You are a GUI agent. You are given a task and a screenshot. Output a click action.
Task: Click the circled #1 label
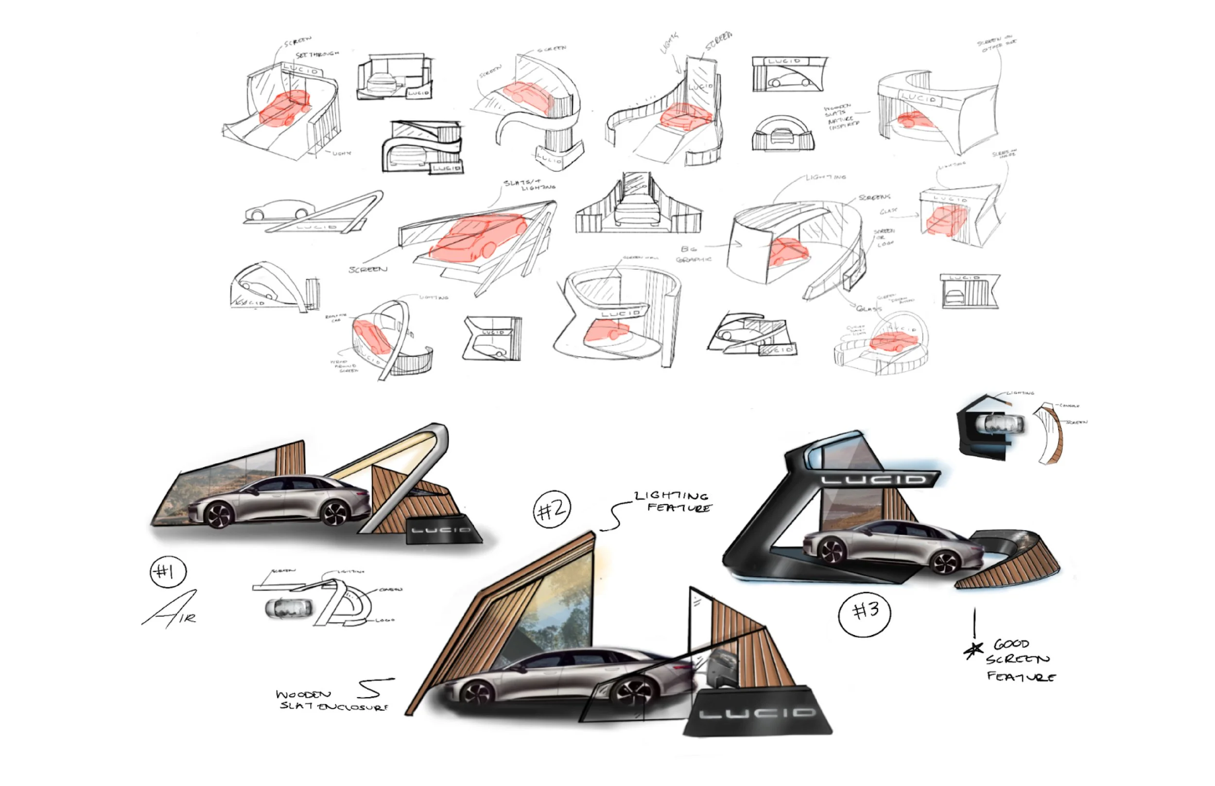point(168,572)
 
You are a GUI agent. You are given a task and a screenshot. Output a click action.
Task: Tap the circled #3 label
point(865,612)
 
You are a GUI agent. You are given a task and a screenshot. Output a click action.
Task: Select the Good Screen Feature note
point(1019,661)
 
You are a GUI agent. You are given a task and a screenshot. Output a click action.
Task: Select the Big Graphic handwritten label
point(692,254)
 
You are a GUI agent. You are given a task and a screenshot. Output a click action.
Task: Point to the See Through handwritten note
point(317,54)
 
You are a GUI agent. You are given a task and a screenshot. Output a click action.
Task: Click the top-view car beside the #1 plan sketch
point(288,608)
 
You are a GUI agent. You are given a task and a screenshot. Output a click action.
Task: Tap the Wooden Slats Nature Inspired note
point(840,118)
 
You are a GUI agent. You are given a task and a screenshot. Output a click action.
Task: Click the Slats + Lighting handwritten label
point(529,185)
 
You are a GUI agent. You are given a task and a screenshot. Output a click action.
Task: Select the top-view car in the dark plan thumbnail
point(1000,424)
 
